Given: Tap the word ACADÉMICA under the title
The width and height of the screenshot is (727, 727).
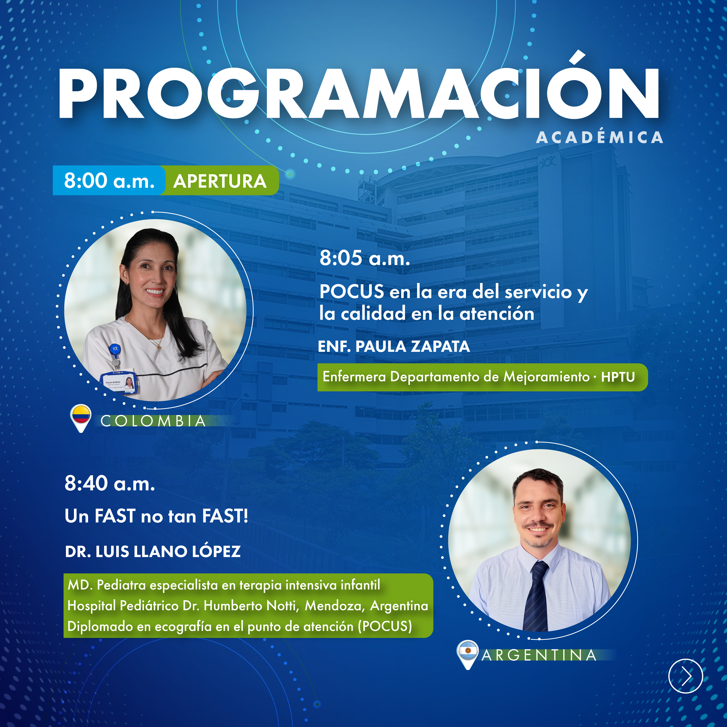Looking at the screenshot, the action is (x=599, y=137).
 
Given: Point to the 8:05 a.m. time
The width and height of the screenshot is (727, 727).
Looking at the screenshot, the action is (x=365, y=258).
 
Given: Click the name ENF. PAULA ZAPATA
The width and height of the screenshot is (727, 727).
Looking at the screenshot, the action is (x=394, y=346).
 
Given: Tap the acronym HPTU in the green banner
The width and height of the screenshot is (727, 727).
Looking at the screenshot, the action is (x=618, y=377).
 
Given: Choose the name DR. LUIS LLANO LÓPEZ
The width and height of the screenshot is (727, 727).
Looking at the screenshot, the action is (x=153, y=551).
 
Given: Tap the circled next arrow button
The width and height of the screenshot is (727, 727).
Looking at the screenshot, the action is (x=686, y=676).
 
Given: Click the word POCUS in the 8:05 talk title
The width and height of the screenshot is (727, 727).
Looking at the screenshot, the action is (x=351, y=292).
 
